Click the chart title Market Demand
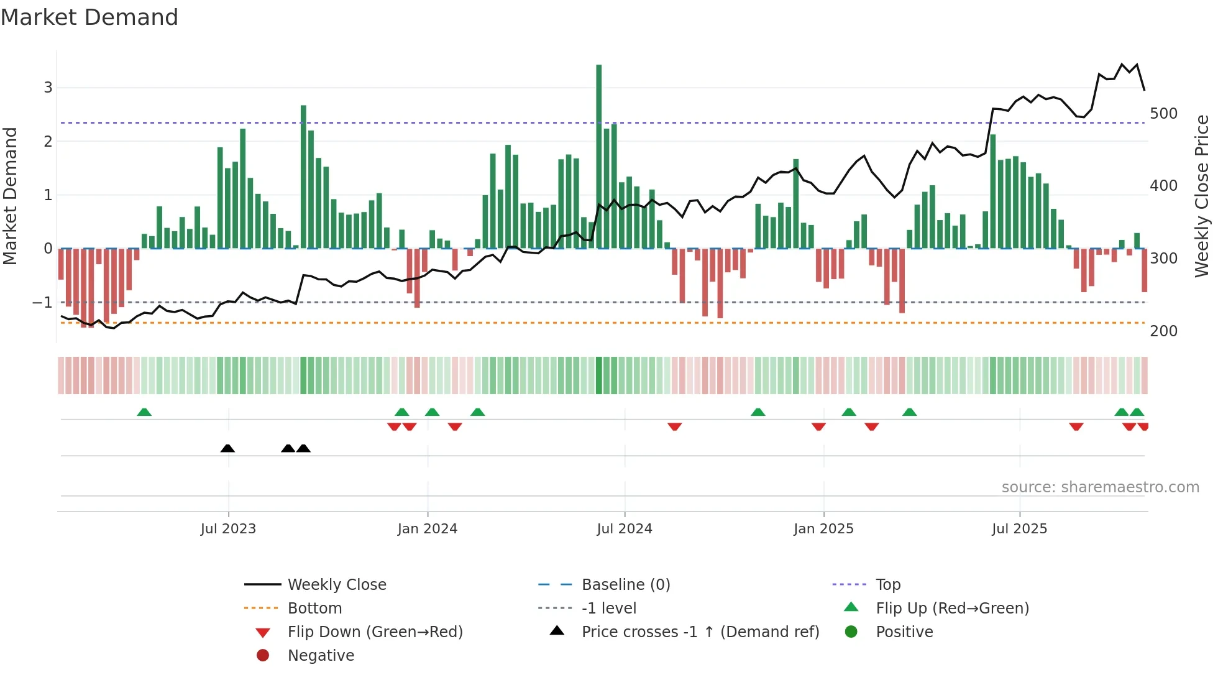89,17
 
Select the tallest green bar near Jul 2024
598,155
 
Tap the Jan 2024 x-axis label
427,529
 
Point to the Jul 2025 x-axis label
1019,529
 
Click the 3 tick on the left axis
48,88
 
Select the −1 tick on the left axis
43,303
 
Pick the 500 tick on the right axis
1163,114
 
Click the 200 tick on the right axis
1163,331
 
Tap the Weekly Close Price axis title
1202,196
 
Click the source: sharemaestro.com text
1100,487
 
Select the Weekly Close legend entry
336,585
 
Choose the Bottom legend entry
314,609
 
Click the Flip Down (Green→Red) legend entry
375,632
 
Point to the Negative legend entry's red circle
263,656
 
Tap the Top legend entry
887,585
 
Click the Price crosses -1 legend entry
700,632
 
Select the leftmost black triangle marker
227,449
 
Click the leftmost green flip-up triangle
144,412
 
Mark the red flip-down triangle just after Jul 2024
675,426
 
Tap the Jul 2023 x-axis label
228,529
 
